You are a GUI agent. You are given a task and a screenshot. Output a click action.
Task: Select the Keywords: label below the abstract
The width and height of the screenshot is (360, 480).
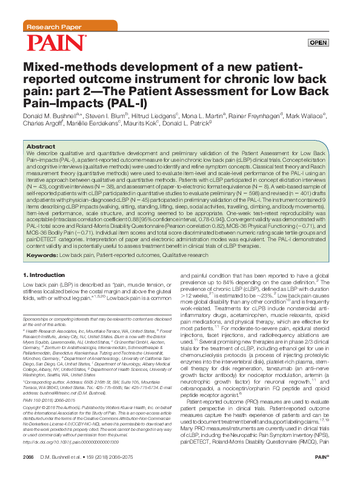(x=42, y=256)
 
